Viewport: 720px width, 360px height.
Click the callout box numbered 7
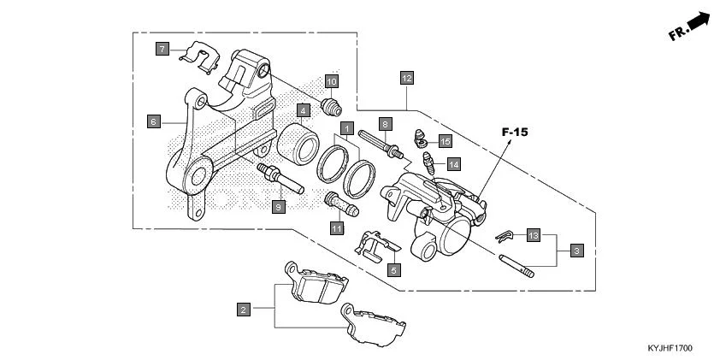click(162, 49)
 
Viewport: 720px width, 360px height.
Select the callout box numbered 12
click(407, 78)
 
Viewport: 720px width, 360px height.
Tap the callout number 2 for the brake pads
click(244, 310)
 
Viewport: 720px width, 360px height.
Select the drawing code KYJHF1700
click(670, 349)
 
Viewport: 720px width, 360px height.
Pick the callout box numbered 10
click(332, 81)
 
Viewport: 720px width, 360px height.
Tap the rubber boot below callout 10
click(331, 106)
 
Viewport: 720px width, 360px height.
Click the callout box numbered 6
click(153, 121)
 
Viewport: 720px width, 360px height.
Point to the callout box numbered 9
click(278, 206)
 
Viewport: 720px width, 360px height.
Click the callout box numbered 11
click(337, 228)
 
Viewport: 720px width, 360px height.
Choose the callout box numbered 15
click(446, 140)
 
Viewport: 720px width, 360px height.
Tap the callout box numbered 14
click(453, 163)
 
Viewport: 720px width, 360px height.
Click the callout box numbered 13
click(534, 235)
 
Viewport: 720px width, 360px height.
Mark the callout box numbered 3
click(577, 251)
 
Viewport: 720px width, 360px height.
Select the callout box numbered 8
click(386, 124)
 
